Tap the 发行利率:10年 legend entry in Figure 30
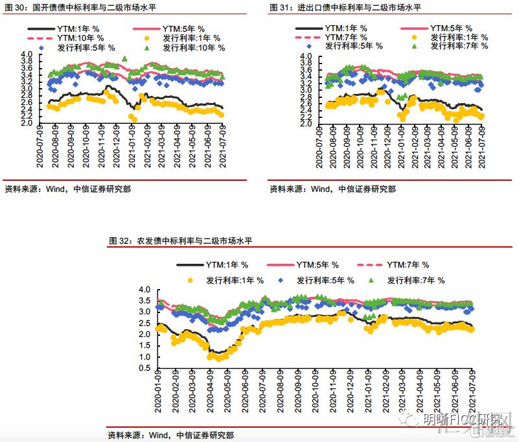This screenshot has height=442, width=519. tap(194, 48)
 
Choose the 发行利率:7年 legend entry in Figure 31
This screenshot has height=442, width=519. tap(457, 45)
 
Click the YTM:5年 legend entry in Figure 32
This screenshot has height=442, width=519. tap(317, 265)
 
